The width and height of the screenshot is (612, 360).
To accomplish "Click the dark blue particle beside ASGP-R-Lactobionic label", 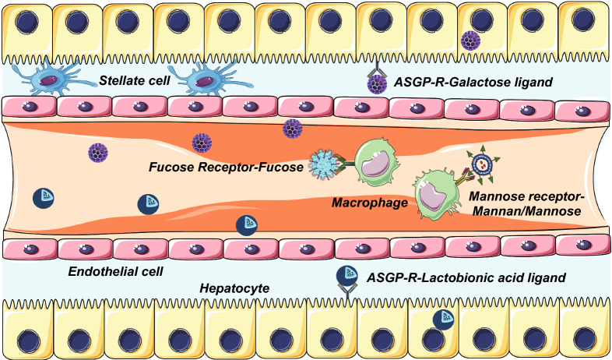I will [346, 276].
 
